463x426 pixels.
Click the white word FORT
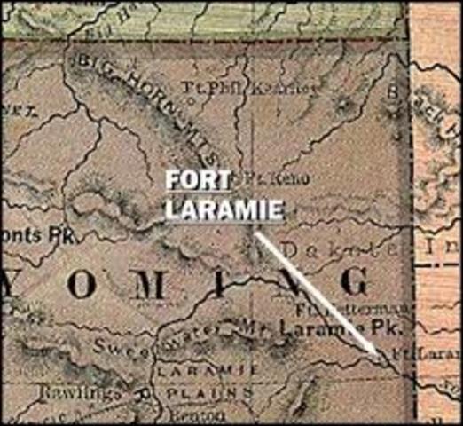[198, 178]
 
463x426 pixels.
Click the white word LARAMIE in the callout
[224, 210]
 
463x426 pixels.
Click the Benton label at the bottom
[208, 417]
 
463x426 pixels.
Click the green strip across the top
[204, 18]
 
